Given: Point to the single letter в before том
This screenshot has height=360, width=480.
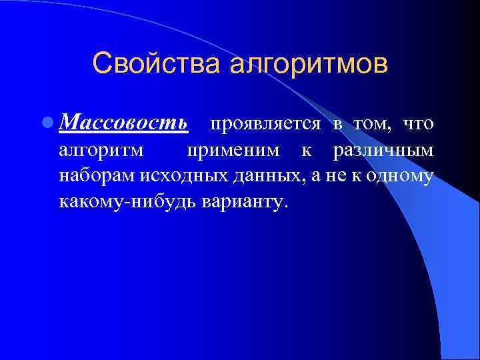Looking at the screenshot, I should (338, 125).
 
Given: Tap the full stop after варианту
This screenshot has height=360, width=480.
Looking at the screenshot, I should (287, 206).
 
